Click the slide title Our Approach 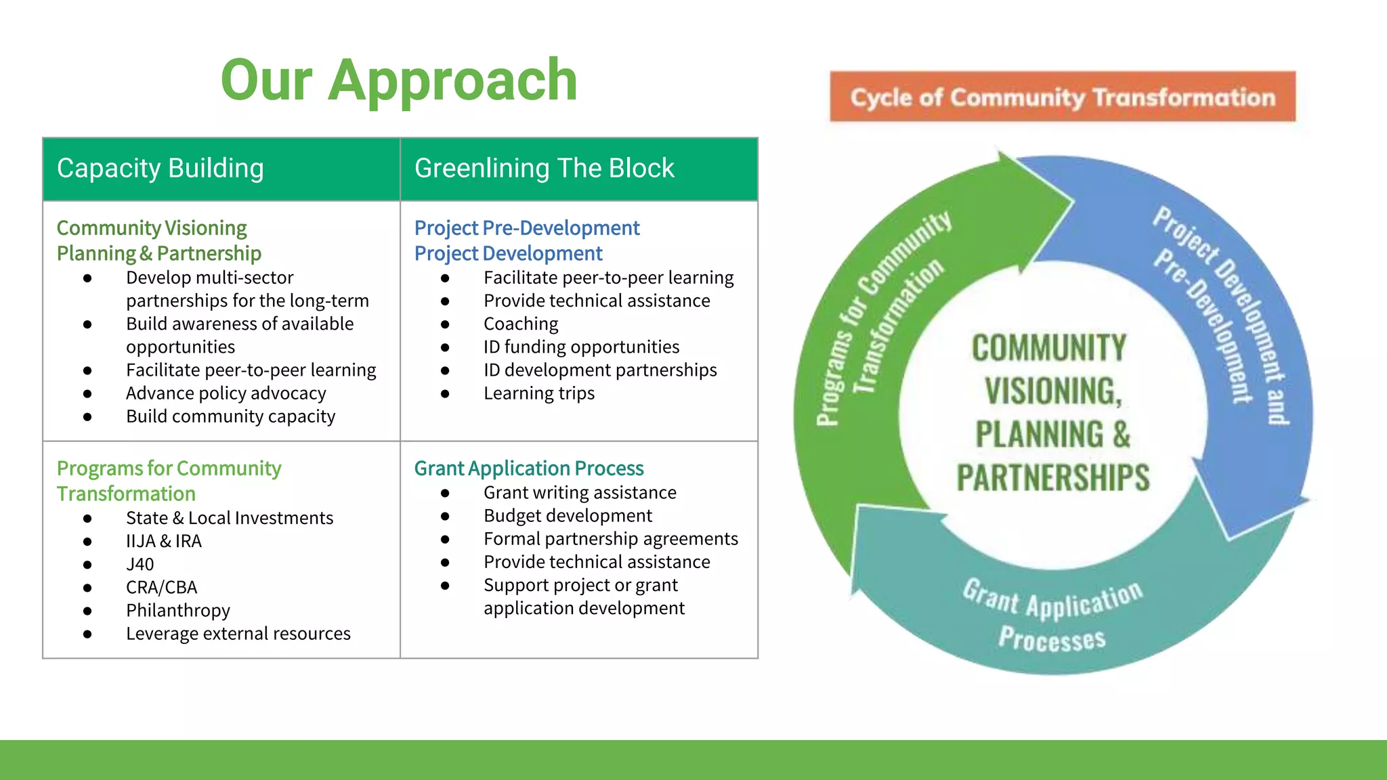point(399,81)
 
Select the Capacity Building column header point(161,168)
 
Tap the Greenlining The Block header point(544,168)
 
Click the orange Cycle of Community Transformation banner point(1062,97)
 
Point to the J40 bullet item point(140,564)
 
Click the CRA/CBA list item point(161,587)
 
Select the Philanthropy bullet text point(177,610)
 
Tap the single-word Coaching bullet point(521,324)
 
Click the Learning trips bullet point(538,393)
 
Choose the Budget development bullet point(568,516)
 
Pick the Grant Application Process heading point(528,468)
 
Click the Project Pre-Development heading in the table point(526,227)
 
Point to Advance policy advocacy point(226,393)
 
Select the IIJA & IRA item point(163,541)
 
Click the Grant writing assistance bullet point(580,492)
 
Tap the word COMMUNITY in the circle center point(1049,348)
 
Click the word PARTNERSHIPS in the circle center point(1052,478)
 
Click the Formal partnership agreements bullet point(610,539)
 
